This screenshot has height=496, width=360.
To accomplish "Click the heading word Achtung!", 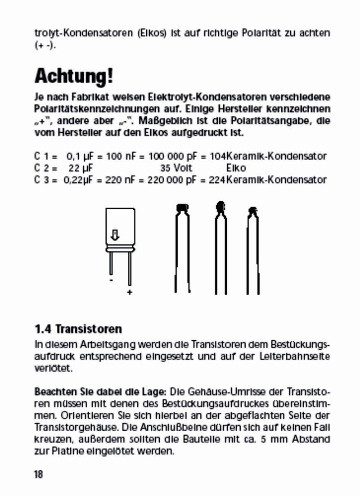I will pos(74,76).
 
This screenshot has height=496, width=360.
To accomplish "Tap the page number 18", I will pos(38,474).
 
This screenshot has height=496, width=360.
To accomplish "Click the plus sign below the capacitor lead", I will pos(130,293).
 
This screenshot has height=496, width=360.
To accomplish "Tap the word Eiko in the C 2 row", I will pos(236,168).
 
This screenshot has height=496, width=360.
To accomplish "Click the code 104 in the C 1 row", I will pos(218,157).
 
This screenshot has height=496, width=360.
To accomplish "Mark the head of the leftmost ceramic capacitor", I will pos(182,207).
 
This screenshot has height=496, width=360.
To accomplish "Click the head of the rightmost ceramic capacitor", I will pos(253,210).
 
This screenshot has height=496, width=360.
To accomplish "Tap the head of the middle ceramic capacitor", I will pos(220,207).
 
